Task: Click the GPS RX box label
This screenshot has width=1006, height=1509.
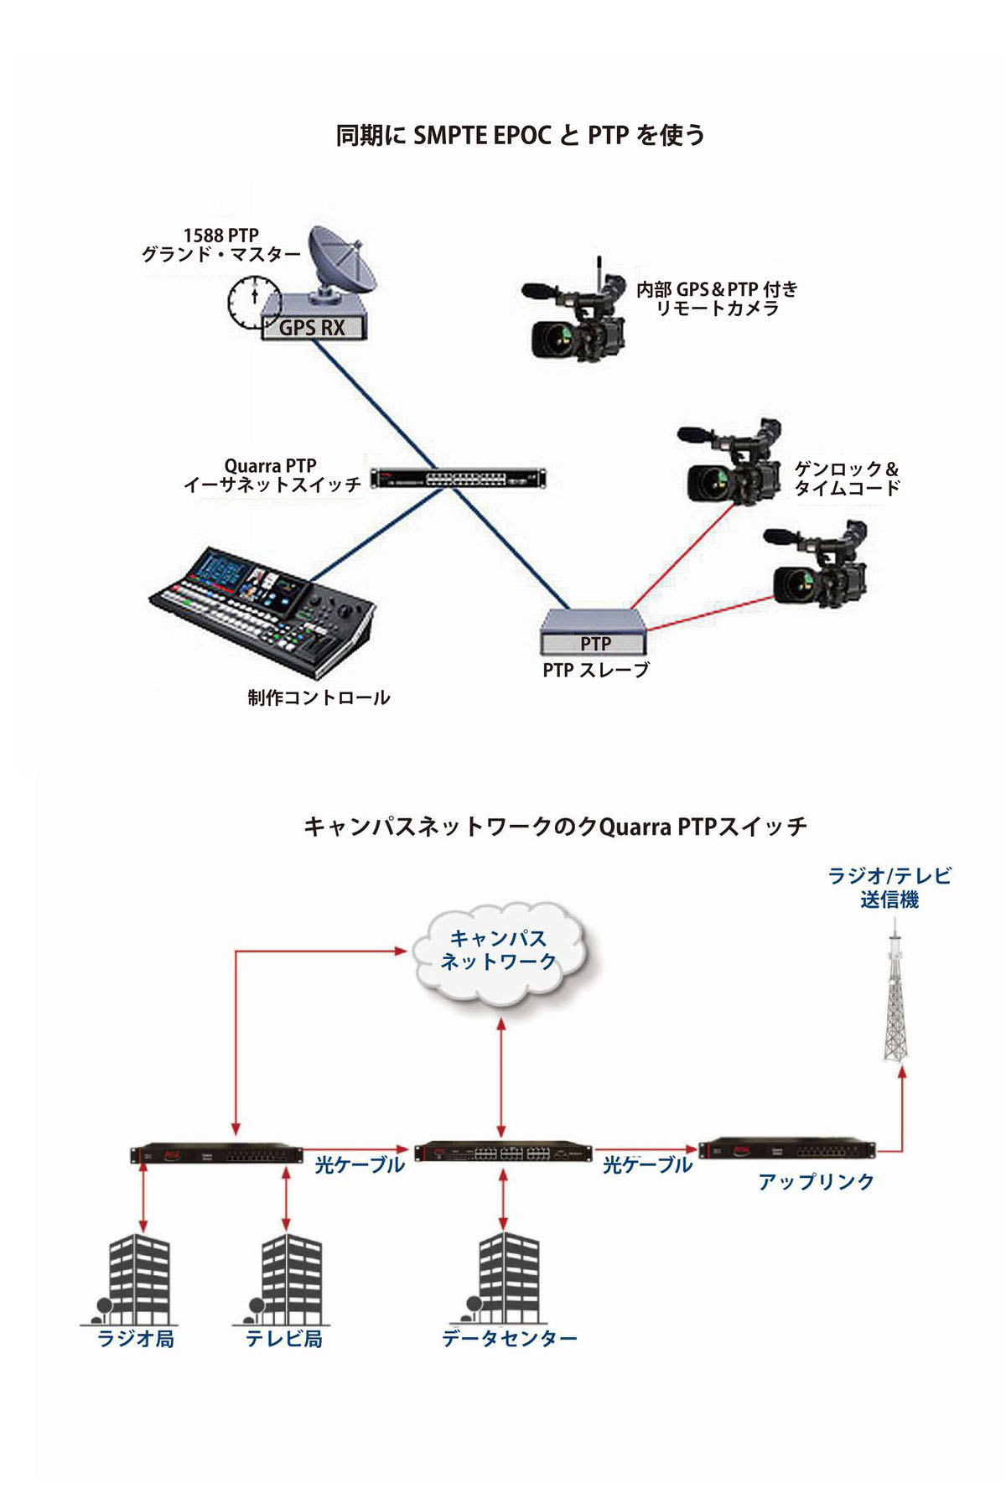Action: point(312,328)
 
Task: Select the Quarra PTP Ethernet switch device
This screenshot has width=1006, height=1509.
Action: point(458,479)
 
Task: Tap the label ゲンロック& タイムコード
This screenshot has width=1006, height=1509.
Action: point(847,478)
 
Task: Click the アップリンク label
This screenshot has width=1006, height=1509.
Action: point(816,1182)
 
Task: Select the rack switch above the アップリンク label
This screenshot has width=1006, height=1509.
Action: point(787,1149)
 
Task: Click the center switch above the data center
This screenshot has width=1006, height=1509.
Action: point(502,1151)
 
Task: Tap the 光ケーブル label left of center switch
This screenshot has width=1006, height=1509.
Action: point(360,1164)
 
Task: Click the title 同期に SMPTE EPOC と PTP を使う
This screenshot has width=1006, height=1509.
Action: point(520,135)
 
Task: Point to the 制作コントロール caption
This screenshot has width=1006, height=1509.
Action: point(319,697)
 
